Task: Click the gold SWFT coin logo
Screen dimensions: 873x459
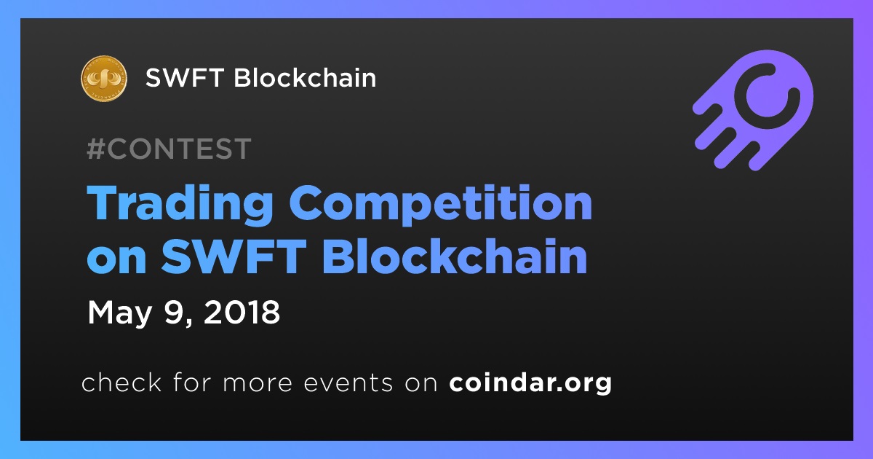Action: (103, 78)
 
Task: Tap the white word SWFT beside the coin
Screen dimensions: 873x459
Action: (184, 77)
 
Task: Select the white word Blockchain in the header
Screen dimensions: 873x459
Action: (305, 77)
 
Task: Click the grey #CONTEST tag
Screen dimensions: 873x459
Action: (169, 149)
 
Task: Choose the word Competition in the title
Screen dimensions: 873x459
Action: (440, 205)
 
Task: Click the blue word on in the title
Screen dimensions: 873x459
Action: (116, 259)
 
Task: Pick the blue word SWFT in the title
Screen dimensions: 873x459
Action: (234, 256)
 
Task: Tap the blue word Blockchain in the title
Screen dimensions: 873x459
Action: (455, 256)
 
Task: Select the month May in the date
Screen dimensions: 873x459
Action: (119, 314)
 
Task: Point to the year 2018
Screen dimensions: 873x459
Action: (242, 313)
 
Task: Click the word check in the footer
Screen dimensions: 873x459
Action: (121, 382)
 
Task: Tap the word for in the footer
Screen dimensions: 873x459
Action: (192, 382)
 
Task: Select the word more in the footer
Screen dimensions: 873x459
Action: (258, 385)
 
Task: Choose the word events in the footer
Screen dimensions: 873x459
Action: (348, 383)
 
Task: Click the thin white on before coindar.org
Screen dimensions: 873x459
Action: (421, 385)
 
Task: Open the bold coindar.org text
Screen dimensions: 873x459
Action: (530, 383)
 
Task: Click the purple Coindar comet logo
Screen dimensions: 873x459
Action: (753, 110)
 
